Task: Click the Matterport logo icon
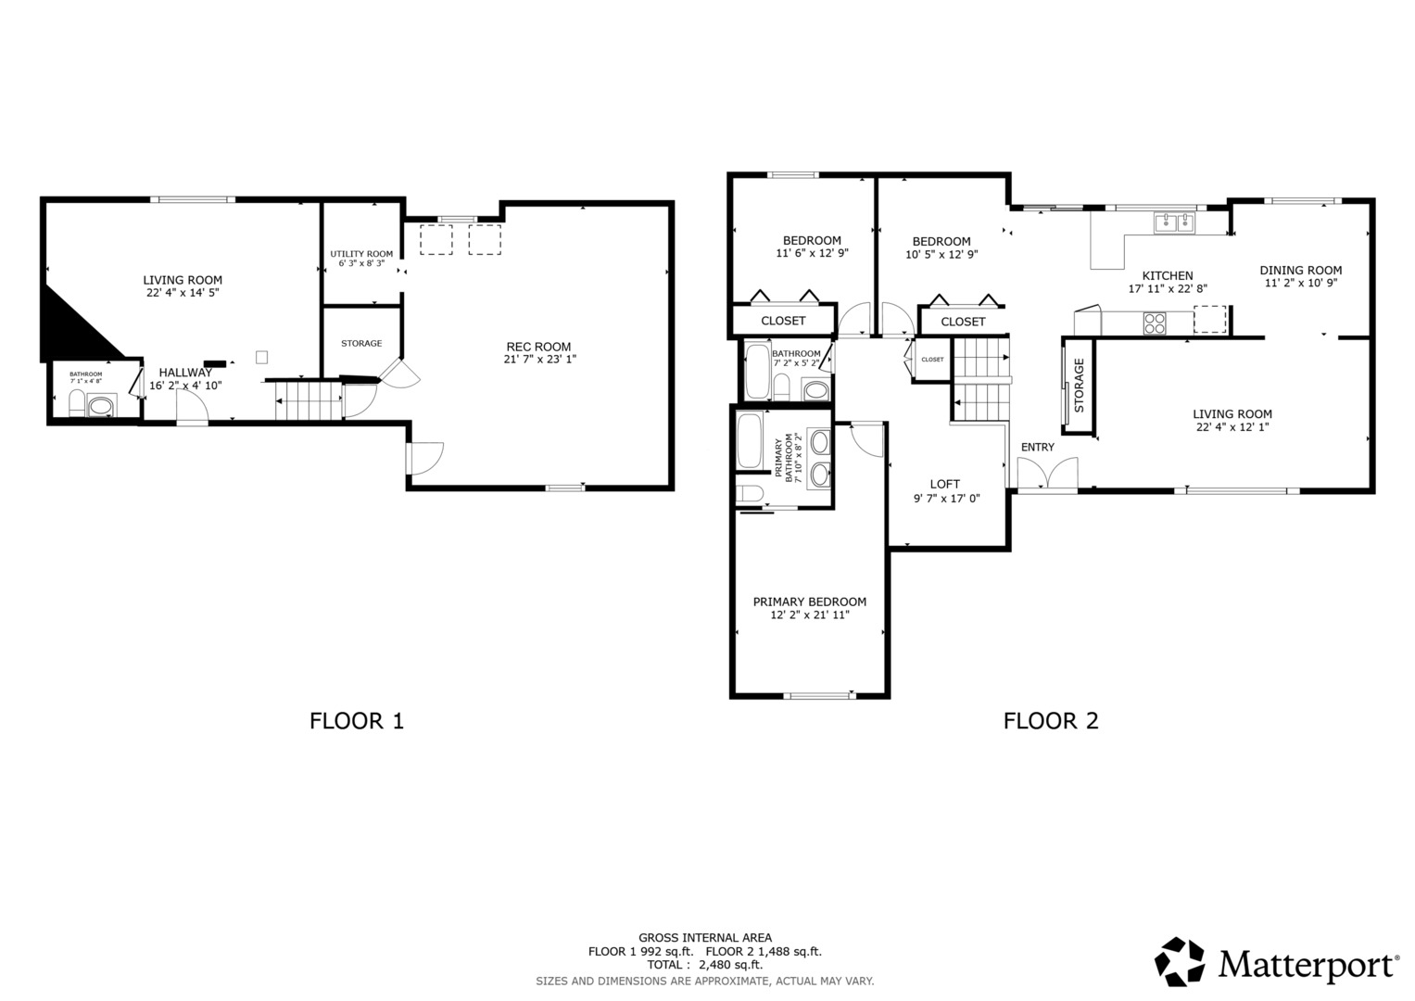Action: click(1180, 961)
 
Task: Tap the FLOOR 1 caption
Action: click(356, 721)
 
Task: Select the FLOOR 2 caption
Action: click(1051, 721)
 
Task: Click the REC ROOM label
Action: click(538, 347)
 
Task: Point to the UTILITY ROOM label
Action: click(361, 254)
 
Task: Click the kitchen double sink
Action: click(1174, 222)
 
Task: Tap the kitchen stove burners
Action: click(1155, 323)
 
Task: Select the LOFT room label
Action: click(945, 484)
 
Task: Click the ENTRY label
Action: click(1037, 448)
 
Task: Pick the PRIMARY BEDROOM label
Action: click(809, 602)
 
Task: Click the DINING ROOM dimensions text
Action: click(1301, 283)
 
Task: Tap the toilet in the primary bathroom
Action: click(750, 493)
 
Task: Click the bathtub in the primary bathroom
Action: click(749, 441)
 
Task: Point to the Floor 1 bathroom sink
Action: click(100, 406)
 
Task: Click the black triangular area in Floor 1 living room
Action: click(70, 329)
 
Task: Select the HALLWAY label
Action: click(185, 373)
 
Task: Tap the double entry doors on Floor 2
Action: click(1048, 473)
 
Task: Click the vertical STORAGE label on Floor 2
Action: click(1079, 386)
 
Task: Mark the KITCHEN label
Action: click(1168, 276)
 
